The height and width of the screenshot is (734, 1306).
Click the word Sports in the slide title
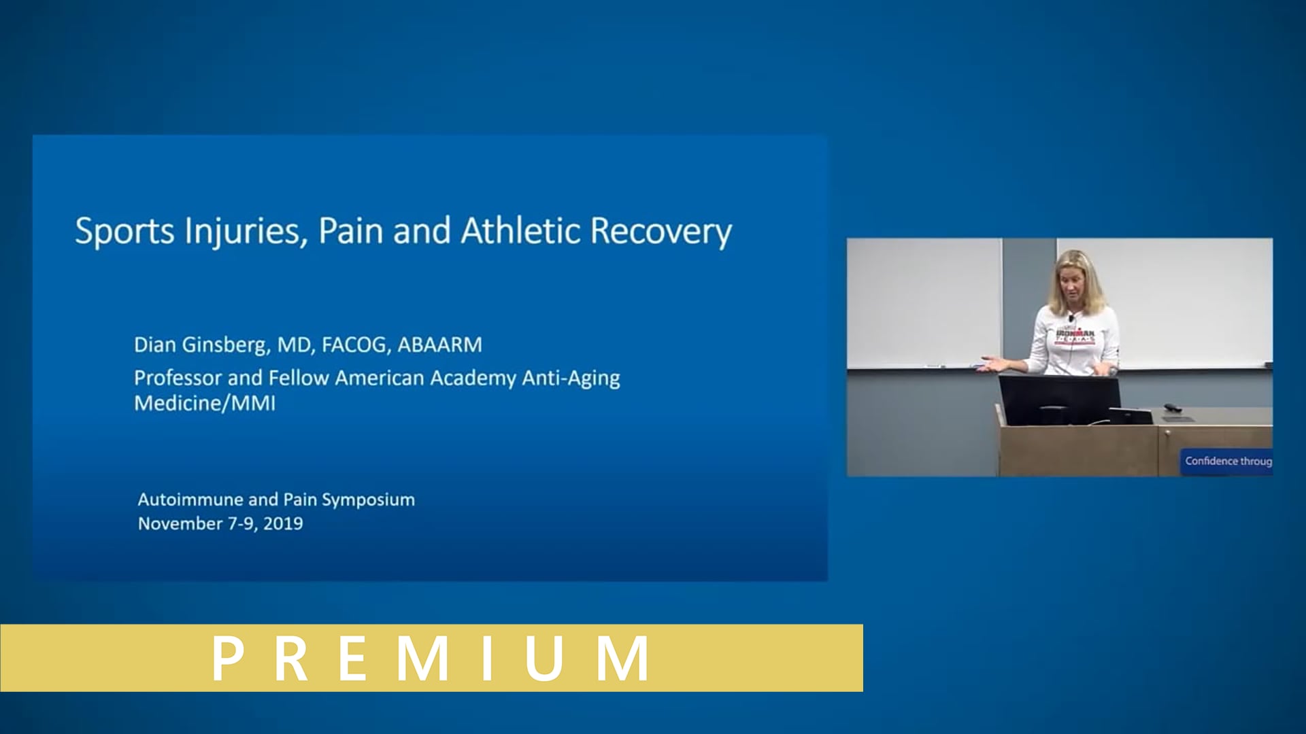pos(124,232)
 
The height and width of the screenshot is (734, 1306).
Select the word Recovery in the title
pos(660,232)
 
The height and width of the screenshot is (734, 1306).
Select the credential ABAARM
pos(439,345)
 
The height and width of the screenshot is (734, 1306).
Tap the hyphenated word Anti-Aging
pos(571,378)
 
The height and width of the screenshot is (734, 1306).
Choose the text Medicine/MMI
pos(205,404)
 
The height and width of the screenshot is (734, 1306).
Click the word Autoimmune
pos(190,500)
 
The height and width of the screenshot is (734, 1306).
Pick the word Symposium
pos(368,500)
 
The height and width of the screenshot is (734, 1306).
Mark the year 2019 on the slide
pos(283,524)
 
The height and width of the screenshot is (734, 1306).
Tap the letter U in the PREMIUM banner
pos(545,658)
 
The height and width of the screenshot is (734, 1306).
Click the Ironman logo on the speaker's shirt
pos(1075,336)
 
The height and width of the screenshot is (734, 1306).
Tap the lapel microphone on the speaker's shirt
pos(1071,318)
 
